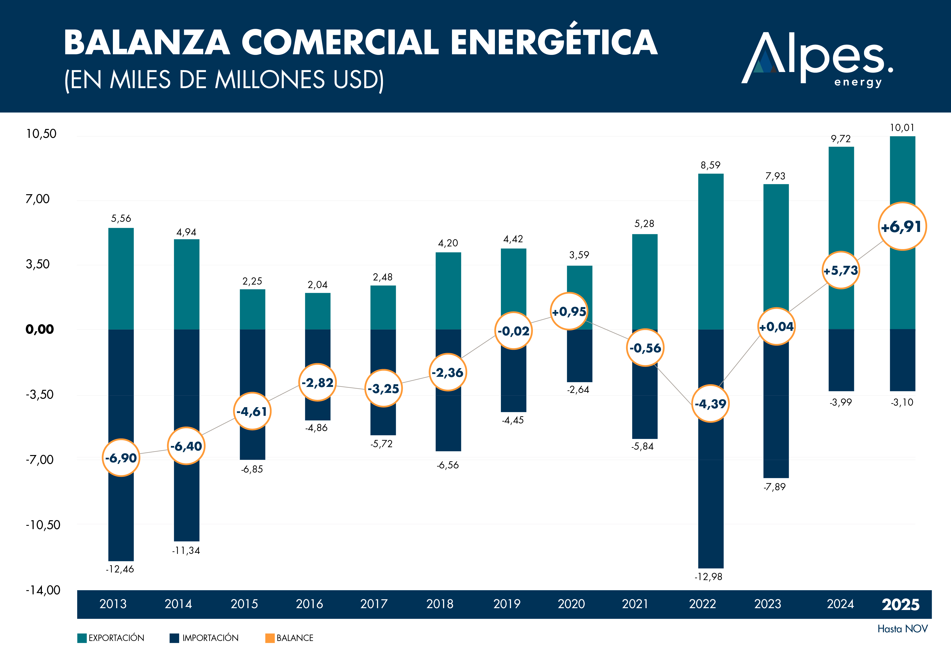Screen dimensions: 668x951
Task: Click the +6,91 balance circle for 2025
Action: click(902, 227)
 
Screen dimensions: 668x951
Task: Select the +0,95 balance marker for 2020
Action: click(569, 311)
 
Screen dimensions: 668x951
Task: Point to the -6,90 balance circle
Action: click(121, 458)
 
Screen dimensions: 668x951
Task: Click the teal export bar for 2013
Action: click(121, 278)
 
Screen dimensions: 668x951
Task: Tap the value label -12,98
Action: click(708, 576)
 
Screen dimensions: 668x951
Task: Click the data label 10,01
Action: click(902, 128)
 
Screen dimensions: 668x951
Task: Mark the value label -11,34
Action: click(186, 550)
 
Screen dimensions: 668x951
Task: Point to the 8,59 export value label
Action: click(710, 165)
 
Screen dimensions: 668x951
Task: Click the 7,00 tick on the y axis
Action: click(38, 199)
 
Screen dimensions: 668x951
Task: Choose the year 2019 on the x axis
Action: click(507, 604)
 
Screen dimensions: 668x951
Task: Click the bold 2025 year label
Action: click(900, 605)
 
